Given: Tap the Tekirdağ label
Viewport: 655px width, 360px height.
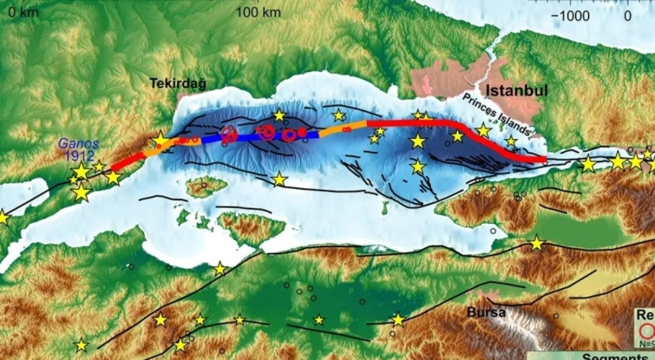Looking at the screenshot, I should click(x=178, y=84).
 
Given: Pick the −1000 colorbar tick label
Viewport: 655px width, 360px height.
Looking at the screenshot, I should click(x=571, y=15).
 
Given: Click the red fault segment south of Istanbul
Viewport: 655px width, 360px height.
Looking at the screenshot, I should click(x=466, y=131).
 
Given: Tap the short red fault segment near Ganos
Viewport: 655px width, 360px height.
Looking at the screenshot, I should click(x=127, y=161).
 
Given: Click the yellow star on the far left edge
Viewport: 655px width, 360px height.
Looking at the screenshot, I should click(x=3, y=217).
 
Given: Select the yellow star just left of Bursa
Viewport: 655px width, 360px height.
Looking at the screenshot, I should click(x=397, y=319).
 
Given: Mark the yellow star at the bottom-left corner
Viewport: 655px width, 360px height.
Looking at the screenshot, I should click(x=82, y=345).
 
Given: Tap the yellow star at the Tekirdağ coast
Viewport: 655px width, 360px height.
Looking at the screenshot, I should click(x=160, y=140).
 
